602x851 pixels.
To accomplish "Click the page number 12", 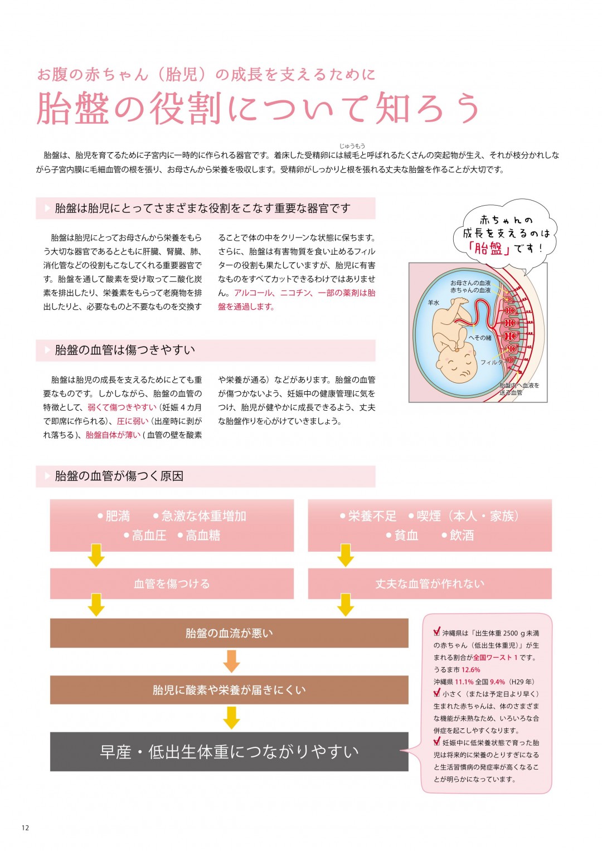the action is coord(25,828).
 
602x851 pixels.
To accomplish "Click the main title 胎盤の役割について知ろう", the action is coord(258,109).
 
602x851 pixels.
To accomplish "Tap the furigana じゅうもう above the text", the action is coord(352,146).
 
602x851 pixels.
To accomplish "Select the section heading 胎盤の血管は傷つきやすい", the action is coord(125,350).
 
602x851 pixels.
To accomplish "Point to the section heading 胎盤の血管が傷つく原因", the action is coord(119,476).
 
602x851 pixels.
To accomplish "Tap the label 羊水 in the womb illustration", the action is coord(433,303).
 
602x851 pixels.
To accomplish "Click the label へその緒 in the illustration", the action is coord(479,338).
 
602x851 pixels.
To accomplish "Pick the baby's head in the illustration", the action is coord(456,364).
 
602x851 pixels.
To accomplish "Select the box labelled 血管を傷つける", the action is coord(172,583).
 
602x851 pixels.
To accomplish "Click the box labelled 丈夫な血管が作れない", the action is coord(430,583).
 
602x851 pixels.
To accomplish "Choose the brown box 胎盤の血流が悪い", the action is coord(229,633).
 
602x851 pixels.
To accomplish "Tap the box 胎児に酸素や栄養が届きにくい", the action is coord(229,689).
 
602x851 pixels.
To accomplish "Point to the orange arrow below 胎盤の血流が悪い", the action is coord(231,662).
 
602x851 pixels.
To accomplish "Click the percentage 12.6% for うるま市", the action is coord(470,669).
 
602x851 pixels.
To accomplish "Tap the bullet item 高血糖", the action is coord(199,536).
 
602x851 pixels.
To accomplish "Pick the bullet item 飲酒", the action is coord(458,536).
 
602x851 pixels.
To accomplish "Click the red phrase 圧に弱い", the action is coord(132,421).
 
